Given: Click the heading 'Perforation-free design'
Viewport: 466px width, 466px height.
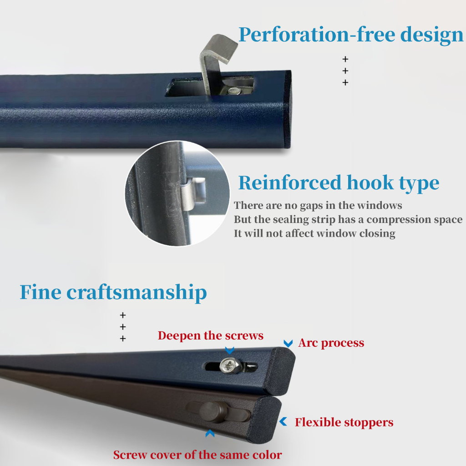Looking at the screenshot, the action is (x=350, y=35).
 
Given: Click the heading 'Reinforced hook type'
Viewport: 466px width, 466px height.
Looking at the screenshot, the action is (x=339, y=183).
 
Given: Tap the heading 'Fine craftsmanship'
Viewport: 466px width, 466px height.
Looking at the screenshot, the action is (x=113, y=292).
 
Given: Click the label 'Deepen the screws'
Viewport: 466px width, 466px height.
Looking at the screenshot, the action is (x=210, y=336).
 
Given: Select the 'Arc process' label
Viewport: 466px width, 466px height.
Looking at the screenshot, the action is (x=331, y=343).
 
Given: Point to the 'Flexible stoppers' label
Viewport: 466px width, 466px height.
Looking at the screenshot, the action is (x=344, y=422).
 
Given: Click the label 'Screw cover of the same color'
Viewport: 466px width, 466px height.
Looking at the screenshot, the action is (x=198, y=455).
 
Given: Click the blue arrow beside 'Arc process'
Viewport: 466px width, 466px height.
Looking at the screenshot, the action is (x=288, y=343).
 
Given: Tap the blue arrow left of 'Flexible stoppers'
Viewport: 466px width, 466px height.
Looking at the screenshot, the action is (x=284, y=422).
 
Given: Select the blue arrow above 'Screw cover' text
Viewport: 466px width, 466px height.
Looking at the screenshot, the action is (x=209, y=434).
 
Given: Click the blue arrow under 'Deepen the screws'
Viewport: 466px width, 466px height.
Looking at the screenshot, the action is (x=230, y=350).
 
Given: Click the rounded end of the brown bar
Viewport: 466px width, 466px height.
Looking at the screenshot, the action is (x=268, y=419).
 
